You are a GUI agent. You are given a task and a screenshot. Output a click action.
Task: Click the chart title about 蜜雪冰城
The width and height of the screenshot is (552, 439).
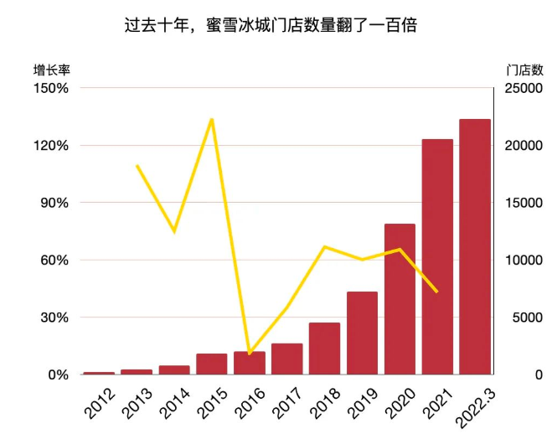[x=276, y=26]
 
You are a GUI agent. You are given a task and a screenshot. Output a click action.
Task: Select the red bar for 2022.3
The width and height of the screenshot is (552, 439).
[x=475, y=247]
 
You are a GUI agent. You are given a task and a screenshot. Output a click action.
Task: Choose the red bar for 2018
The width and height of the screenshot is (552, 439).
[x=324, y=349]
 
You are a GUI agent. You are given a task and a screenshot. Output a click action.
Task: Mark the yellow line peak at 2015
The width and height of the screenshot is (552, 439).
[x=212, y=119]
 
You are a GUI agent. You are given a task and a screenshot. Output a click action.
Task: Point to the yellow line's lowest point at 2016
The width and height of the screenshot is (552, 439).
[x=250, y=354]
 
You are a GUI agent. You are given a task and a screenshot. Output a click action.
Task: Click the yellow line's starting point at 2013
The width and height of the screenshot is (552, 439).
[x=137, y=166]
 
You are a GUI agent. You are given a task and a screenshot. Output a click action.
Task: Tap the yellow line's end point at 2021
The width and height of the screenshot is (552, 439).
[x=437, y=292]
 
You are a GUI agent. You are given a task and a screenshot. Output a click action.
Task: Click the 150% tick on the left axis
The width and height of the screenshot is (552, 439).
[x=51, y=88]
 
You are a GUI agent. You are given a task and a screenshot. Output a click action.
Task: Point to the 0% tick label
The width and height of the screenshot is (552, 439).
[x=56, y=374]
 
